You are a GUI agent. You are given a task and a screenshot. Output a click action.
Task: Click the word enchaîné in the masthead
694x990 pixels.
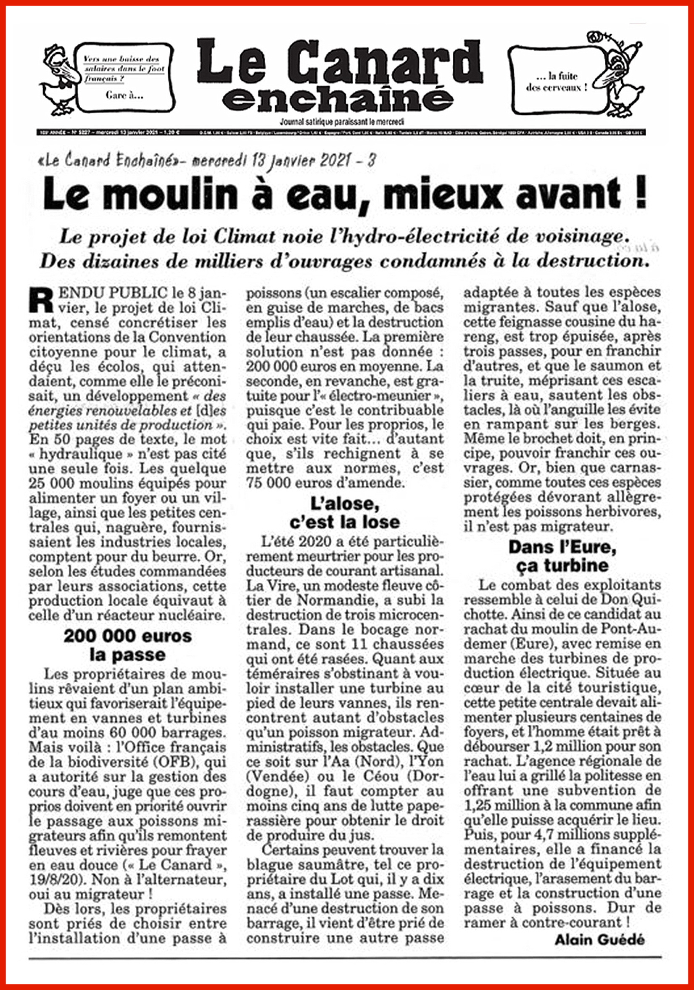(x=339, y=99)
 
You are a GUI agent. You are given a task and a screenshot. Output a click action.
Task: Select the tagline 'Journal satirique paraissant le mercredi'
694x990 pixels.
(x=342, y=122)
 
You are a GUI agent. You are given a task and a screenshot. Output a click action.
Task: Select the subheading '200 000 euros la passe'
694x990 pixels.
(x=128, y=645)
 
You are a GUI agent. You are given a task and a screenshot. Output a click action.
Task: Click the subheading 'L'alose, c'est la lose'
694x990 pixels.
(x=344, y=513)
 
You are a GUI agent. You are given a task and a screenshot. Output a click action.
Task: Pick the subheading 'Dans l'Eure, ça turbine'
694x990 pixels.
(x=562, y=556)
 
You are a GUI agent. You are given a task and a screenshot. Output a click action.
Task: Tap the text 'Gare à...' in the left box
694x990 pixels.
(x=124, y=95)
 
